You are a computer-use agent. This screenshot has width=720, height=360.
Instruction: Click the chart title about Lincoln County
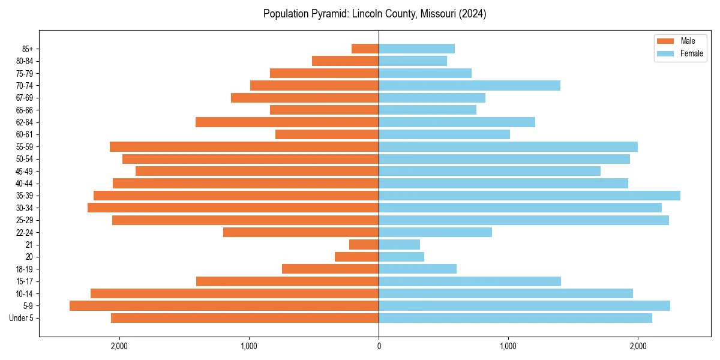374,14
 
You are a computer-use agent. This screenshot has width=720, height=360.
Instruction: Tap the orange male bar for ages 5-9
224,305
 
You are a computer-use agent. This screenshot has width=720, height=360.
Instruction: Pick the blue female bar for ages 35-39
529,196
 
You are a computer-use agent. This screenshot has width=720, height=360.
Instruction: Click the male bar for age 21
364,244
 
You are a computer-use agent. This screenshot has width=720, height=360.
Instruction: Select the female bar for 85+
416,49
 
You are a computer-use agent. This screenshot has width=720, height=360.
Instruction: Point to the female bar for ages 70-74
469,85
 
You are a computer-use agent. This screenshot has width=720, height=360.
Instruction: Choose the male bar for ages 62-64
287,122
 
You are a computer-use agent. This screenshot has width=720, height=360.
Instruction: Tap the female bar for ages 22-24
435,232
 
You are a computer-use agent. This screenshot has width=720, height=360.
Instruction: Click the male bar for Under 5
245,318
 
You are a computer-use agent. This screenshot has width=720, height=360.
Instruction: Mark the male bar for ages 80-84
345,61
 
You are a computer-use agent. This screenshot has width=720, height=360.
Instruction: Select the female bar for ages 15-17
470,281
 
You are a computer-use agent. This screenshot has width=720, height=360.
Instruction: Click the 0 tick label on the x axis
379,346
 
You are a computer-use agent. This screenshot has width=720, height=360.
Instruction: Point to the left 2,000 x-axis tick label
119,346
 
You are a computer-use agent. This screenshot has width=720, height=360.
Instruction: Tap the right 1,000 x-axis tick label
508,346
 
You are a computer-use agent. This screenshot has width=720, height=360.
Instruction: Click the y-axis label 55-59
25,146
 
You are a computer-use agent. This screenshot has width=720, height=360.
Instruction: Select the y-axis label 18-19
25,269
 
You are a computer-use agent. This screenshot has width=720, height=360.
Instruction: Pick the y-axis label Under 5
21,318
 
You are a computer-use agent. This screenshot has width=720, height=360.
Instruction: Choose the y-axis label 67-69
25,98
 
